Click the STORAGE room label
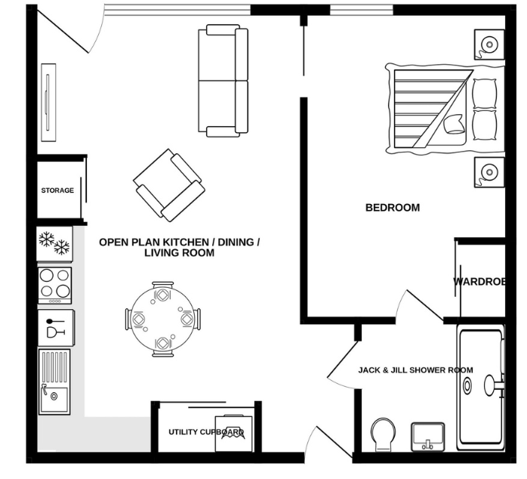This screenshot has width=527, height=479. (57, 190)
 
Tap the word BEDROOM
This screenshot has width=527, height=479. (393, 208)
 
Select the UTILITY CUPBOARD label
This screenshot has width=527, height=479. (206, 432)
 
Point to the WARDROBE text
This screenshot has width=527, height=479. (479, 281)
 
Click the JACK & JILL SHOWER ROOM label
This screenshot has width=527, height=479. (415, 370)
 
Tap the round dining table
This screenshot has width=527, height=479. (162, 319)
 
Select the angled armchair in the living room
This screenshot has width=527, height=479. (168, 185)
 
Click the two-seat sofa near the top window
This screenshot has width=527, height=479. (223, 80)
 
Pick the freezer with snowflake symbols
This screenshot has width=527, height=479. (54, 243)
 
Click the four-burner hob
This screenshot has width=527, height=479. (54, 286)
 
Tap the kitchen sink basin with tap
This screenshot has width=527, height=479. (54, 399)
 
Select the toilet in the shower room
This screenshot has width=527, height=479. (383, 434)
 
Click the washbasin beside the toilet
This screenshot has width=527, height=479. (428, 437)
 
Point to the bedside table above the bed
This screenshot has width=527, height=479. (489, 44)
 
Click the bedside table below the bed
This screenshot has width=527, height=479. (489, 172)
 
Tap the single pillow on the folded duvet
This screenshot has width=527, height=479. (454, 124)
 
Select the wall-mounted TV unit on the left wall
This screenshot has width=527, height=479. (48, 102)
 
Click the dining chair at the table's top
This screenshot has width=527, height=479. (162, 286)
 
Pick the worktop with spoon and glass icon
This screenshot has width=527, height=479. (56, 328)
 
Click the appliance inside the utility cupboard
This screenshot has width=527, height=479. (233, 434)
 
